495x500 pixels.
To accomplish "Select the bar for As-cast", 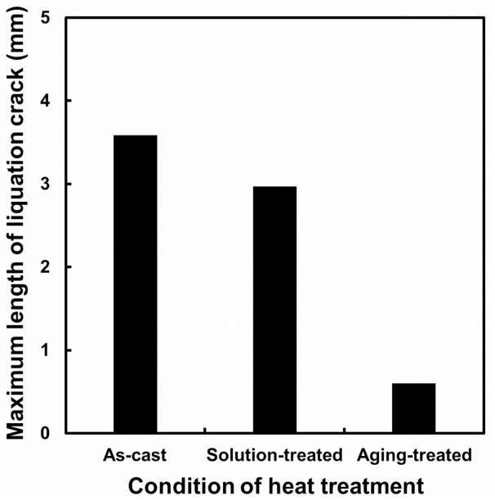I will (x=136, y=284).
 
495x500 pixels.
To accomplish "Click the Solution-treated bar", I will (x=274, y=310).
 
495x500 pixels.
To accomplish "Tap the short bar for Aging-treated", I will (x=413, y=408).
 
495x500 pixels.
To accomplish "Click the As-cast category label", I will (x=136, y=454).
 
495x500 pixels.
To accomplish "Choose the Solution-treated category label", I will (x=274, y=454).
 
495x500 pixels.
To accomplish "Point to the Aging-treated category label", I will (x=414, y=454).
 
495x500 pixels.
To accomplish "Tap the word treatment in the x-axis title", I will (x=372, y=485).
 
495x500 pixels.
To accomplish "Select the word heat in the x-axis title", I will (x=294, y=485).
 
